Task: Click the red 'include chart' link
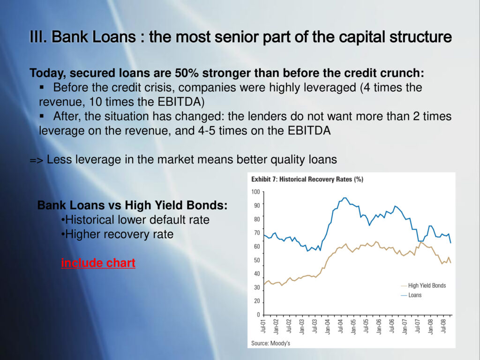tap(98, 262)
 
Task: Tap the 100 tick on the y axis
tap(255, 192)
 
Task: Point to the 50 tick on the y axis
tap(256, 260)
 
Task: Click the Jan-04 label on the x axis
tap(328, 326)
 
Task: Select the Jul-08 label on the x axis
tap(443, 326)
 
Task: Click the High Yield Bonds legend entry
tap(423, 285)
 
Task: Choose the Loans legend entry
tap(411, 295)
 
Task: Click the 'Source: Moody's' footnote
tap(270, 343)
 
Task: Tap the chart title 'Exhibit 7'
tap(264, 180)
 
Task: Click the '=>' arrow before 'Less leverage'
tap(37, 160)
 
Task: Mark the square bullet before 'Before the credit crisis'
tap(42, 88)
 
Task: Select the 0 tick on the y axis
tap(258, 315)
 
